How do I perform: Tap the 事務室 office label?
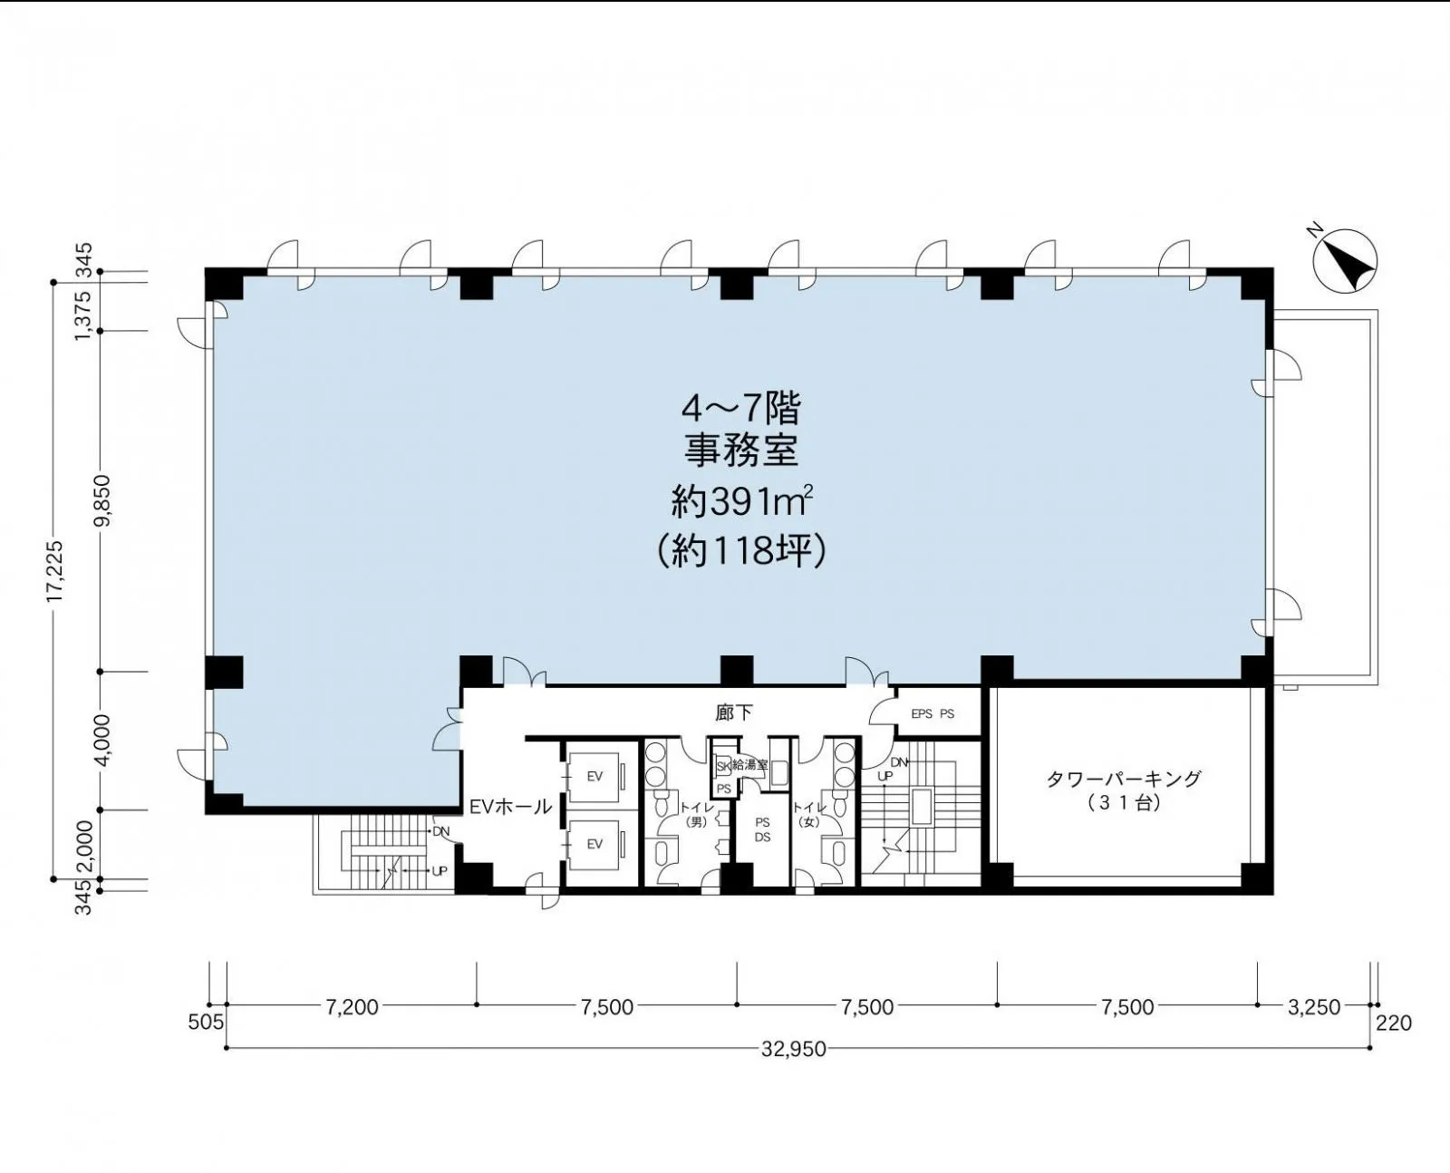coord(741,451)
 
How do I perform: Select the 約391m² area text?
coord(741,502)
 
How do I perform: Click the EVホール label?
coord(511,808)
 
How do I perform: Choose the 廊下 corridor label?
coord(734,713)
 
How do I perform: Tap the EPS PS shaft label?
coord(933,714)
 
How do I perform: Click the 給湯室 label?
coord(749,764)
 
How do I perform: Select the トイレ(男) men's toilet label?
coord(696,814)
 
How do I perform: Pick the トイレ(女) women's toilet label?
coord(808,814)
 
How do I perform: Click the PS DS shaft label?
coord(762,829)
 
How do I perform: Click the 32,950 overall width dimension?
coord(794,1049)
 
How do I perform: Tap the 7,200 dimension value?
coord(352,1006)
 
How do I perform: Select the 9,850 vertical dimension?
coord(102,501)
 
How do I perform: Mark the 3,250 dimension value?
coord(1314,1006)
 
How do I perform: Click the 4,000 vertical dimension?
coord(102,740)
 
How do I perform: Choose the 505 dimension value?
coord(207,1023)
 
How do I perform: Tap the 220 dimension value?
coord(1394,1023)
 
